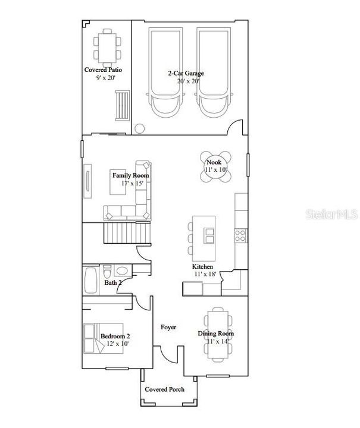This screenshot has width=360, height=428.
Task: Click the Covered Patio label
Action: point(103,70)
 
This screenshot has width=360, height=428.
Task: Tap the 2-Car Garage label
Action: point(186,73)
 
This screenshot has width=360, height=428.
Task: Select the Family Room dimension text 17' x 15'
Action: point(132,183)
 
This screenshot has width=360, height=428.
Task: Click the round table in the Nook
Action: point(216,166)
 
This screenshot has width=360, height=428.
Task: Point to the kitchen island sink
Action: point(209,236)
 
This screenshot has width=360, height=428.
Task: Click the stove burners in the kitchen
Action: point(240,236)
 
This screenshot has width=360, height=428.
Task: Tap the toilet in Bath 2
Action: point(107,271)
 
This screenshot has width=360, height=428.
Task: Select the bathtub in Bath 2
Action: point(91,281)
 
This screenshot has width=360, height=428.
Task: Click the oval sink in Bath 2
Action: point(121,271)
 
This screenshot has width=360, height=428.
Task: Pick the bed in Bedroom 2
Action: point(104,338)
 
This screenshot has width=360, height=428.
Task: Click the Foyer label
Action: point(168,327)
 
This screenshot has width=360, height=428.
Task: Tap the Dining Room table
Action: point(218,334)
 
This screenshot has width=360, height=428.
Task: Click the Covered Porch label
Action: point(164,389)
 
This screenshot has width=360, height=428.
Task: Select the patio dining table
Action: point(107,48)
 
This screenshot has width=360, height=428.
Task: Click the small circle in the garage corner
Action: point(140,128)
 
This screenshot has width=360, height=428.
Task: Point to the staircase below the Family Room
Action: point(127,232)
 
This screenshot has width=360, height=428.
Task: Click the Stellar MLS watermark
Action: point(331,214)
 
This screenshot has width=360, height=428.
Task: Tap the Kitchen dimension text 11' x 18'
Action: point(205,274)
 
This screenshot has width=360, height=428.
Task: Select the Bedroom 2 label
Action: point(115,336)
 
